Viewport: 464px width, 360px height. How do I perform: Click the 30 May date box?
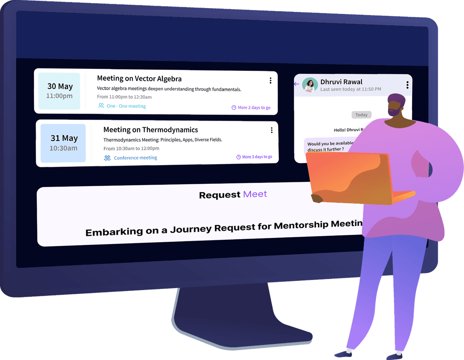[x=60, y=91]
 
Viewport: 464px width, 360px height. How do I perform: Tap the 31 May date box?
[x=63, y=143]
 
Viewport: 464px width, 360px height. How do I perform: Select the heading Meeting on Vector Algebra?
[x=139, y=79]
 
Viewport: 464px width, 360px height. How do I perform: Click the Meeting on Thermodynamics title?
[x=150, y=130]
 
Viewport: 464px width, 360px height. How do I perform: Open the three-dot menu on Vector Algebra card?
[x=270, y=80]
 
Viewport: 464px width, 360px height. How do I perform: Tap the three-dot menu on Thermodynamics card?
[x=272, y=130]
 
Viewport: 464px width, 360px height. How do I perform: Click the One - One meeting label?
[x=126, y=106]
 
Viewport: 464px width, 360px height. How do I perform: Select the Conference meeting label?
[x=135, y=158]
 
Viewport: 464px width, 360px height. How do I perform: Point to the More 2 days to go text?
[x=254, y=108]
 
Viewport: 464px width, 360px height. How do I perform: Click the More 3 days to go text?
[x=257, y=157]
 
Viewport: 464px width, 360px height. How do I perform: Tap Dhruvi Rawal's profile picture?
[x=310, y=85]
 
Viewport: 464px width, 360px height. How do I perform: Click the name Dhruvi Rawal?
[x=341, y=82]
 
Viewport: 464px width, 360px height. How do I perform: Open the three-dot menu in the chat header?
[x=407, y=85]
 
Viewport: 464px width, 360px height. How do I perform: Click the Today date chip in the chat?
[x=361, y=115]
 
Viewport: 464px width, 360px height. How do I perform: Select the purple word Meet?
[x=255, y=194]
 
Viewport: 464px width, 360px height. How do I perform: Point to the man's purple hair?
[x=396, y=100]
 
